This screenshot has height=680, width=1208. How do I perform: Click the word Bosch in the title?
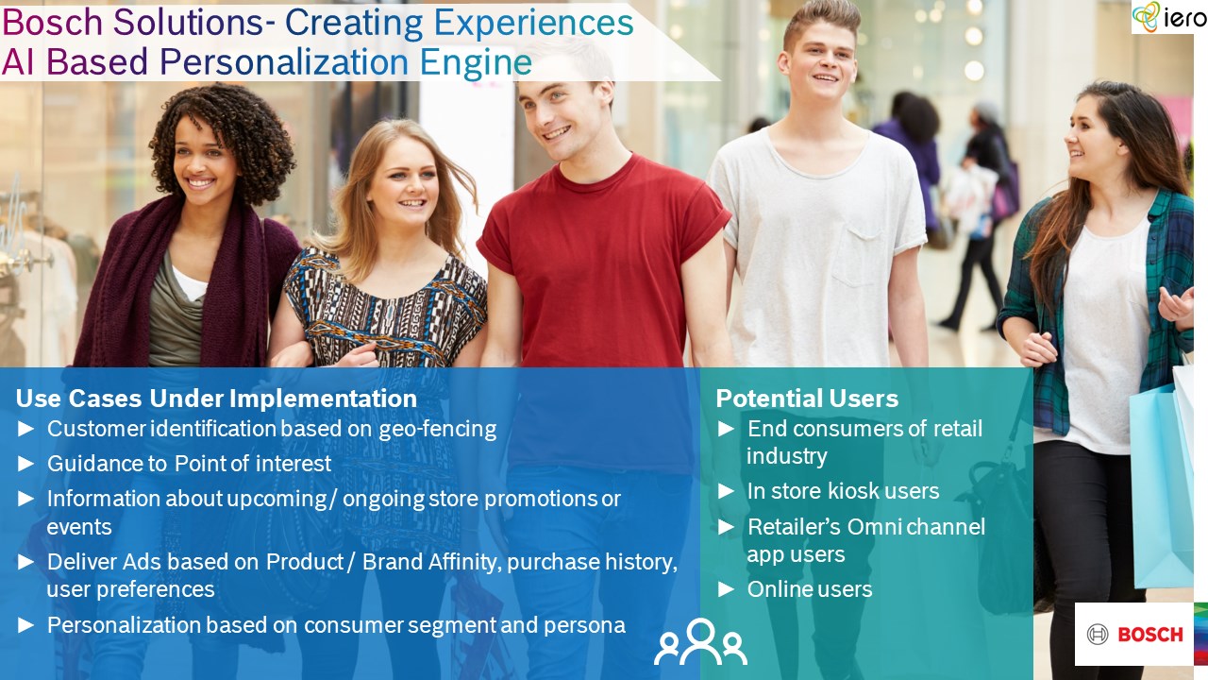52,23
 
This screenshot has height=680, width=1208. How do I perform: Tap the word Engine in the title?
477,62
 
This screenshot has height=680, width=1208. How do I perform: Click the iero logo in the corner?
1168,17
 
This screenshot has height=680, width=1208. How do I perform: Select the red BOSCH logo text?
1149,635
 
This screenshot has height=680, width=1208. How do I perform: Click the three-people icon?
700,641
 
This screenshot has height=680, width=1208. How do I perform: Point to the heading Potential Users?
807,399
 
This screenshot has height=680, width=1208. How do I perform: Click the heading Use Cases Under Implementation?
216,399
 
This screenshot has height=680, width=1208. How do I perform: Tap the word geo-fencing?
437,430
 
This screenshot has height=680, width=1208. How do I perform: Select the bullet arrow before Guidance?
25,464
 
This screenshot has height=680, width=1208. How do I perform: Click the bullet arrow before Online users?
727,589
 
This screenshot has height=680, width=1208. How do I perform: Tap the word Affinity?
463,562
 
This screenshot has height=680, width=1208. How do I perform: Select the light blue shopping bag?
1160,485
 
